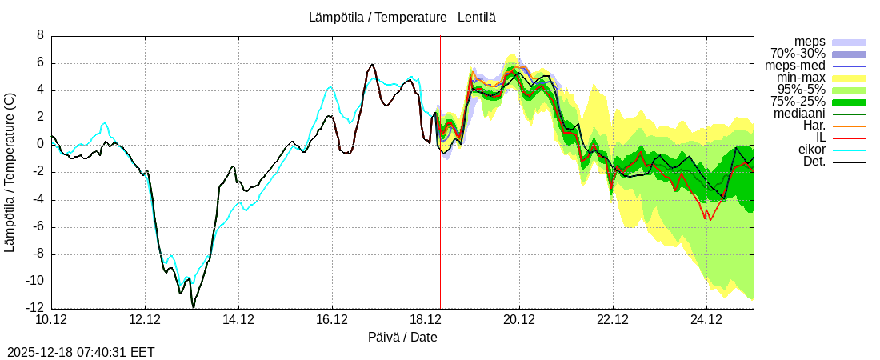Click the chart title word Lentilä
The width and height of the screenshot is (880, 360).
477,17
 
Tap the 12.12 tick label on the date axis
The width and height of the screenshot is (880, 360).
145,321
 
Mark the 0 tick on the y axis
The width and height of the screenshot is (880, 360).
40,145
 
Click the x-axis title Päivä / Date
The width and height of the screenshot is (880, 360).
402,338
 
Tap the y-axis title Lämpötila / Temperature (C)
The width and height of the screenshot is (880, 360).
10,172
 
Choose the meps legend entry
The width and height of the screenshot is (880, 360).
810,42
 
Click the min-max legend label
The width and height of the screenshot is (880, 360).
801,78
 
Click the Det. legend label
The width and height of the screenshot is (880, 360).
814,162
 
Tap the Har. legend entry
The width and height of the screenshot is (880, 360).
814,126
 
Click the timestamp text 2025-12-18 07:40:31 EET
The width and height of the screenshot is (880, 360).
81,352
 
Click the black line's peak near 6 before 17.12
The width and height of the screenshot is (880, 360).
372,65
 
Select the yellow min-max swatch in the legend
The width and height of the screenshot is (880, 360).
849,78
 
